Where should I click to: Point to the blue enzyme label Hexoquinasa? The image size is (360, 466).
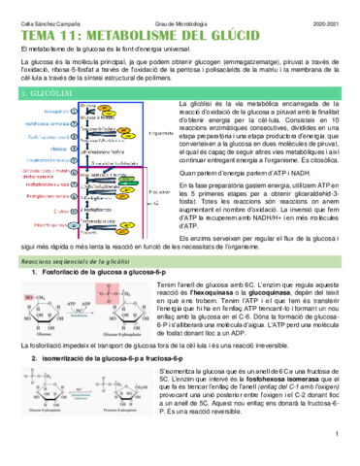coord(49,112)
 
